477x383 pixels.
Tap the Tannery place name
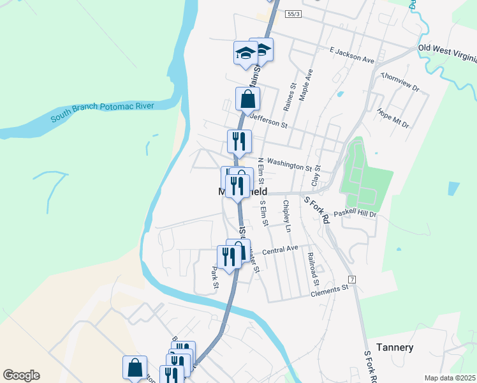click(x=395, y=348)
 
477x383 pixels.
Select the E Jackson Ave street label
click(x=351, y=54)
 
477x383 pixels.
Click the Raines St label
click(x=293, y=94)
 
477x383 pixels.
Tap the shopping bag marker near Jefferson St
click(x=247, y=100)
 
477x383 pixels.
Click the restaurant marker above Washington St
click(x=240, y=141)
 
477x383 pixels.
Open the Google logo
click(x=21, y=375)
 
